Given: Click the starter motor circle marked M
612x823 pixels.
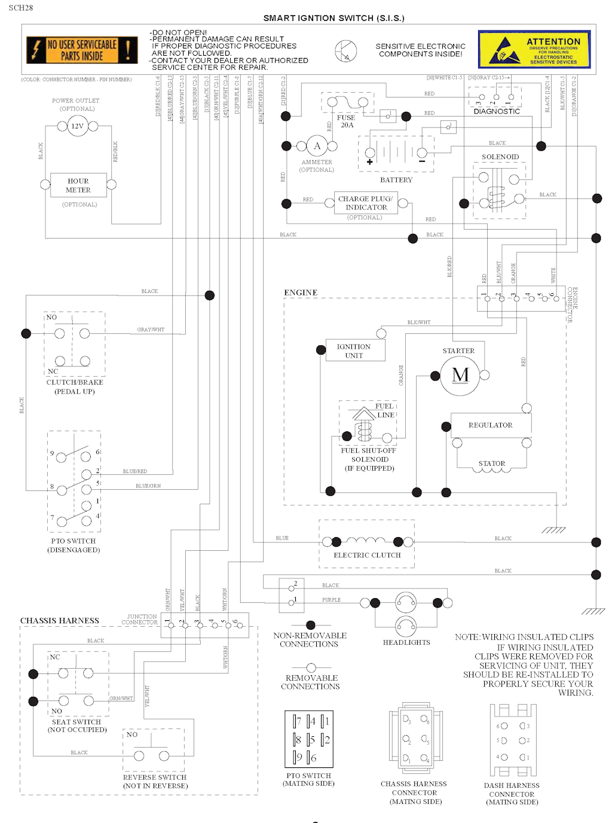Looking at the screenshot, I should point(460,376).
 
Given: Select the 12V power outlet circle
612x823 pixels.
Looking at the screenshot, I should point(77,126).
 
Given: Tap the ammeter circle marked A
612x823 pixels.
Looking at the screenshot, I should point(317,146).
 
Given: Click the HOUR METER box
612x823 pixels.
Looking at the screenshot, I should point(78,185).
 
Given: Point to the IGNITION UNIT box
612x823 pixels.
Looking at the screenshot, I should point(354,351).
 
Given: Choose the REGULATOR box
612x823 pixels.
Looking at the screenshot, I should point(490,425).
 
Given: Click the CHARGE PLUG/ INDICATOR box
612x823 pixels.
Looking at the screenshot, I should point(366,203).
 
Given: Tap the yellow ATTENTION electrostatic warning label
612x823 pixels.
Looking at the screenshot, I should point(534,49).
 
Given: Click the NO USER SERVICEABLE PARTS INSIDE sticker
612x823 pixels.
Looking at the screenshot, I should point(82,50).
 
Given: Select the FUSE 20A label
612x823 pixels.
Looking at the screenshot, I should point(346,121).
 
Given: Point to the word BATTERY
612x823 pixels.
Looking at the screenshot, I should point(396,180).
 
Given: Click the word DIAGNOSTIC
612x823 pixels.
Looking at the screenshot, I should point(497,112).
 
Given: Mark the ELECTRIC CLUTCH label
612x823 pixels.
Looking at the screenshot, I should point(367,555).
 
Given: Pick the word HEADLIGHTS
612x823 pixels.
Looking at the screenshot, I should point(406,642).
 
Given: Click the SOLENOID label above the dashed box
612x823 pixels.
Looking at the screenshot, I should point(500,157).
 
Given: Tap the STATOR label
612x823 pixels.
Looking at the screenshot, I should point(492,464).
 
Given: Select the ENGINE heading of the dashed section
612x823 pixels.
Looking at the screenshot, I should point(301,293).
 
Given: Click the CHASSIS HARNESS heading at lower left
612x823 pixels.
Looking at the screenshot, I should point(60,621).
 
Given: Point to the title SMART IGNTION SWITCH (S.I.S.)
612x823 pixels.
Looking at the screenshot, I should point(334,18).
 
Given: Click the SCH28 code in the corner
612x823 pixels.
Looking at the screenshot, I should point(21,8).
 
